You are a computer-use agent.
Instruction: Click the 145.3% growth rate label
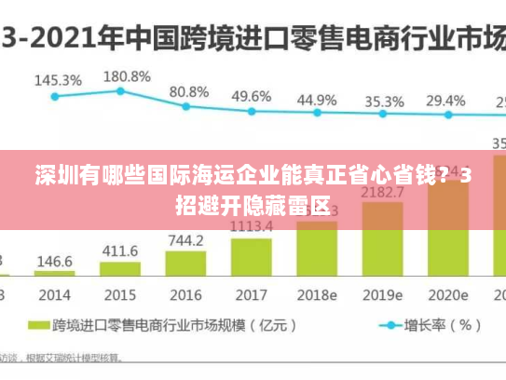(57, 80)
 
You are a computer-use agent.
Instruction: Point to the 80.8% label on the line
(188, 92)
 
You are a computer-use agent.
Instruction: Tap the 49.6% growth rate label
(251, 96)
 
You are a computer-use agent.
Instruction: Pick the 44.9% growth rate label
(317, 100)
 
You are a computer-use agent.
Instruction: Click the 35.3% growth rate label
(384, 102)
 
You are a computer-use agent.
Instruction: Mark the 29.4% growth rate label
(445, 101)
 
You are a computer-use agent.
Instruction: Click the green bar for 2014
(55, 273)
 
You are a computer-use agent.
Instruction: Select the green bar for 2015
(120, 268)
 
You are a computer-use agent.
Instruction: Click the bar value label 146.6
(55, 261)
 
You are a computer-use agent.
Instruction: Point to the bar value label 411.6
(120, 251)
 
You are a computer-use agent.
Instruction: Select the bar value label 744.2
(185, 240)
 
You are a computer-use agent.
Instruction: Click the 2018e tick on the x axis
(317, 294)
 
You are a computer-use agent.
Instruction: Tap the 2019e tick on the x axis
(383, 294)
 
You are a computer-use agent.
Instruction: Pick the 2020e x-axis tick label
(448, 294)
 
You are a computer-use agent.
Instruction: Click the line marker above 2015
(120, 90)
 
